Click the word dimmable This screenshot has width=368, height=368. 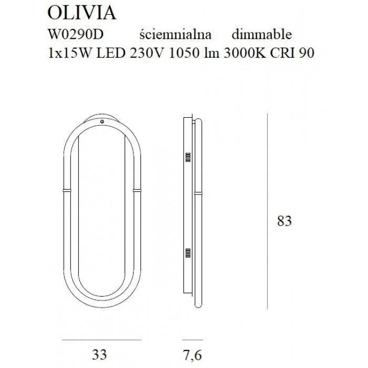click(x=261, y=35)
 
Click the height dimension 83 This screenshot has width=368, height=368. click(x=284, y=221)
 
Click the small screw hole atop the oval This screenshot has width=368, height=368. click(x=103, y=122)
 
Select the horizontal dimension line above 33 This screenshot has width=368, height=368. click(x=102, y=326)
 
